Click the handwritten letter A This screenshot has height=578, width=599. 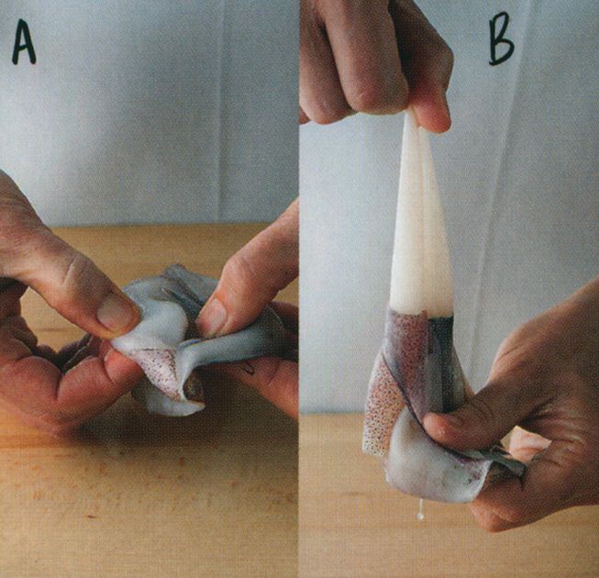pyautogui.click(x=24, y=41)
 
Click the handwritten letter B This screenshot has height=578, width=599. pyautogui.click(x=501, y=39)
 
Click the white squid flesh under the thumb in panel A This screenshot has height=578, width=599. pyautogui.click(x=153, y=332)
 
